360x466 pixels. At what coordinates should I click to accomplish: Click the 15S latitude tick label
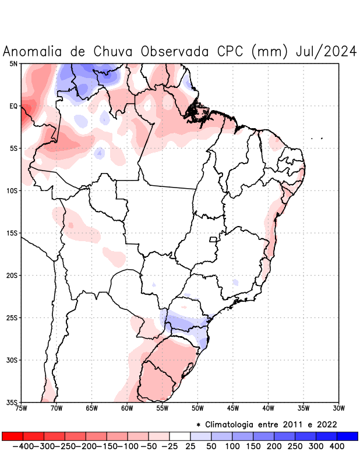[x=12, y=233]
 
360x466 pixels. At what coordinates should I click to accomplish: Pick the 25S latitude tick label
[x=12, y=318]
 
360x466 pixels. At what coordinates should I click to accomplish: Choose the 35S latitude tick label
[x=12, y=403]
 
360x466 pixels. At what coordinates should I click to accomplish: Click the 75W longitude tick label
[x=22, y=408]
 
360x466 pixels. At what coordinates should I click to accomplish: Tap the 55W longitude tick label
[x=163, y=408]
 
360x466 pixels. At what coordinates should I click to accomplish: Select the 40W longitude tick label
[x=269, y=408]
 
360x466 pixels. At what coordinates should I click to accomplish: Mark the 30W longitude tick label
[x=339, y=408]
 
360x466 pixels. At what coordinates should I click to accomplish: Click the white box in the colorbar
[x=180, y=436]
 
